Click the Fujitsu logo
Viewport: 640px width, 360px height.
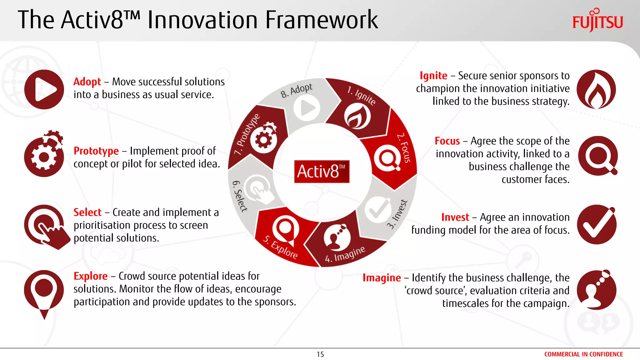coord(597,21)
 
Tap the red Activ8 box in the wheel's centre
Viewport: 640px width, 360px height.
coord(322,171)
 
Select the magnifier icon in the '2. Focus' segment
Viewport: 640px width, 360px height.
coord(387,158)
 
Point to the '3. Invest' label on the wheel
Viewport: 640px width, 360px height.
coord(397,214)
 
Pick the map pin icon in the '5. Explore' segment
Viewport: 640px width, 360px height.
coord(285,230)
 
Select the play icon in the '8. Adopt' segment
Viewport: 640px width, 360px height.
coord(307,108)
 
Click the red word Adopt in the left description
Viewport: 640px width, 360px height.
coord(87,82)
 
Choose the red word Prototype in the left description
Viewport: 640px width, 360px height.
coord(96,151)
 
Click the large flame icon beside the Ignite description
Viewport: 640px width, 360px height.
coord(596,89)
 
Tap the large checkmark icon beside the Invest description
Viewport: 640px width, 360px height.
coord(596,224)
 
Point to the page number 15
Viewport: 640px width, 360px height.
coord(320,354)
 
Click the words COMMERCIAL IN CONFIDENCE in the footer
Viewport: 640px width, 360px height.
coord(583,354)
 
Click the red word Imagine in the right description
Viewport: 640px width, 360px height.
coord(382,277)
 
